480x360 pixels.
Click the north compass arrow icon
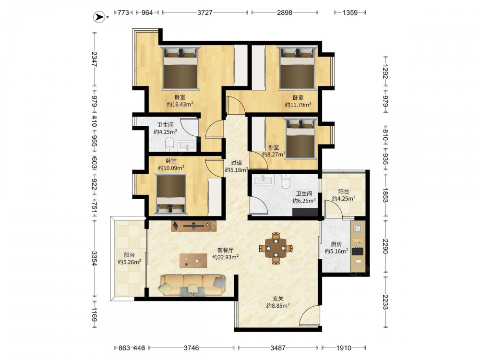[98, 17]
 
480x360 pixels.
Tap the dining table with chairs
[276, 248]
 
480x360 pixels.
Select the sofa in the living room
[192, 285]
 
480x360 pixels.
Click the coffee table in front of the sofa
[193, 260]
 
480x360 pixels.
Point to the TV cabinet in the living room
[194, 226]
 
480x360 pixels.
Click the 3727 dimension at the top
[205, 12]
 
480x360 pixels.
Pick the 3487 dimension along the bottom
[277, 348]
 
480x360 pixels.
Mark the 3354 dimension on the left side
[95, 258]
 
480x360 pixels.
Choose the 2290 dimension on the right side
[385, 246]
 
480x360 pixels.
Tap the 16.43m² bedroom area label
[180, 104]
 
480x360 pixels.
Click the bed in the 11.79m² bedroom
[297, 68]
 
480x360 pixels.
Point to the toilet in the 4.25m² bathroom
[169, 144]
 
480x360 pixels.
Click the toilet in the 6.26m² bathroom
[285, 181]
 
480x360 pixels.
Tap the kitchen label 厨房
[336, 244]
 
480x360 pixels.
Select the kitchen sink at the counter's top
[358, 228]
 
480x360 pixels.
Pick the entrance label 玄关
[278, 299]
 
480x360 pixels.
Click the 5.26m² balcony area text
[130, 262]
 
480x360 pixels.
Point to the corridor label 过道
[236, 163]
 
